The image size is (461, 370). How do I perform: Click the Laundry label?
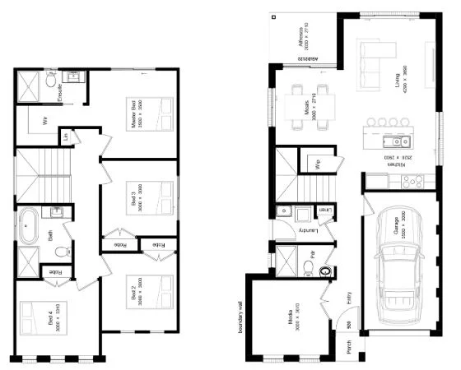(x=311, y=231)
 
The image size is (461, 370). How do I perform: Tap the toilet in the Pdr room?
(x=324, y=268)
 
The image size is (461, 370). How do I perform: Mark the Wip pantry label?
(x=317, y=162)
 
